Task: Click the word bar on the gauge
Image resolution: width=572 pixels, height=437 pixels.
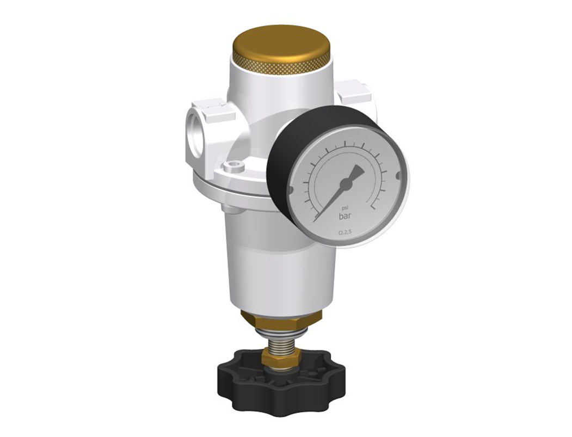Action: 345,217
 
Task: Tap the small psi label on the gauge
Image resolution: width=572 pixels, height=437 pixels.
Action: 345,208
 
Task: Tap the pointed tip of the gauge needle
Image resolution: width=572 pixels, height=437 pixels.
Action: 316,220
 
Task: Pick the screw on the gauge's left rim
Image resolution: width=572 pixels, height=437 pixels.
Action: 290,190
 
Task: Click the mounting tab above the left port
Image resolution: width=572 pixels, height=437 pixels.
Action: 213,107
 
